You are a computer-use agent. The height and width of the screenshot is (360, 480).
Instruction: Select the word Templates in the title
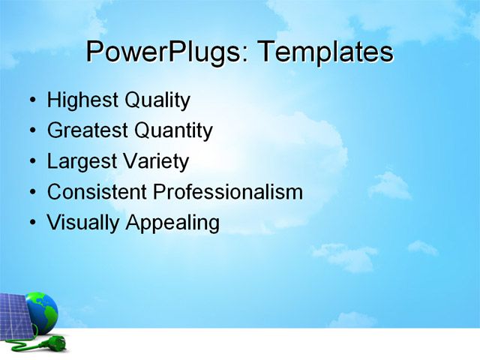coord(325,52)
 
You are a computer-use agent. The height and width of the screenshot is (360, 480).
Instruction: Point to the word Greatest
coord(87,131)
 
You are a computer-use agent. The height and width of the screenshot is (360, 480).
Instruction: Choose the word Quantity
coord(173,131)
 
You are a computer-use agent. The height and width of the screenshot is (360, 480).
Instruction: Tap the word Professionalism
coord(228,192)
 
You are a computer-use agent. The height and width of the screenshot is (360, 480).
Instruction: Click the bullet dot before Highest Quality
coord(31,101)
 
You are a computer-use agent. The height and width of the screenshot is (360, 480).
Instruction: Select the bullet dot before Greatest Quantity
coord(31,132)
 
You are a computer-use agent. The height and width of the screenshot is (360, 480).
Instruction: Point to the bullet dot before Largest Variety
coord(31,162)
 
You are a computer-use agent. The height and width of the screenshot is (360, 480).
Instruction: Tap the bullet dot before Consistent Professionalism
coord(31,193)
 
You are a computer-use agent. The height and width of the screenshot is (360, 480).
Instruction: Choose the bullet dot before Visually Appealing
coord(31,223)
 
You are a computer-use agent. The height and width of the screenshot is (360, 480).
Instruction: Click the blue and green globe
coord(43,309)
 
